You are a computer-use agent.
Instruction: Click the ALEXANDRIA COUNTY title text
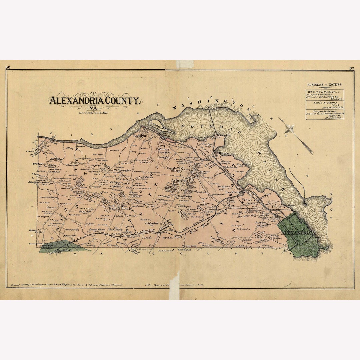coord(94,100)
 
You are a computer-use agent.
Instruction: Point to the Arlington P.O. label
coord(183,180)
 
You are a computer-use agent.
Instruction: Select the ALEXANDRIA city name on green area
coord(296,233)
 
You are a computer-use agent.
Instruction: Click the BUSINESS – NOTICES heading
coord(324,85)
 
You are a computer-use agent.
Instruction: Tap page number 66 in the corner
coord(8,68)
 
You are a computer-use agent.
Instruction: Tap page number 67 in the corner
coord(352,68)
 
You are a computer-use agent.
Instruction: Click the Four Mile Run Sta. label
coord(235,192)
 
